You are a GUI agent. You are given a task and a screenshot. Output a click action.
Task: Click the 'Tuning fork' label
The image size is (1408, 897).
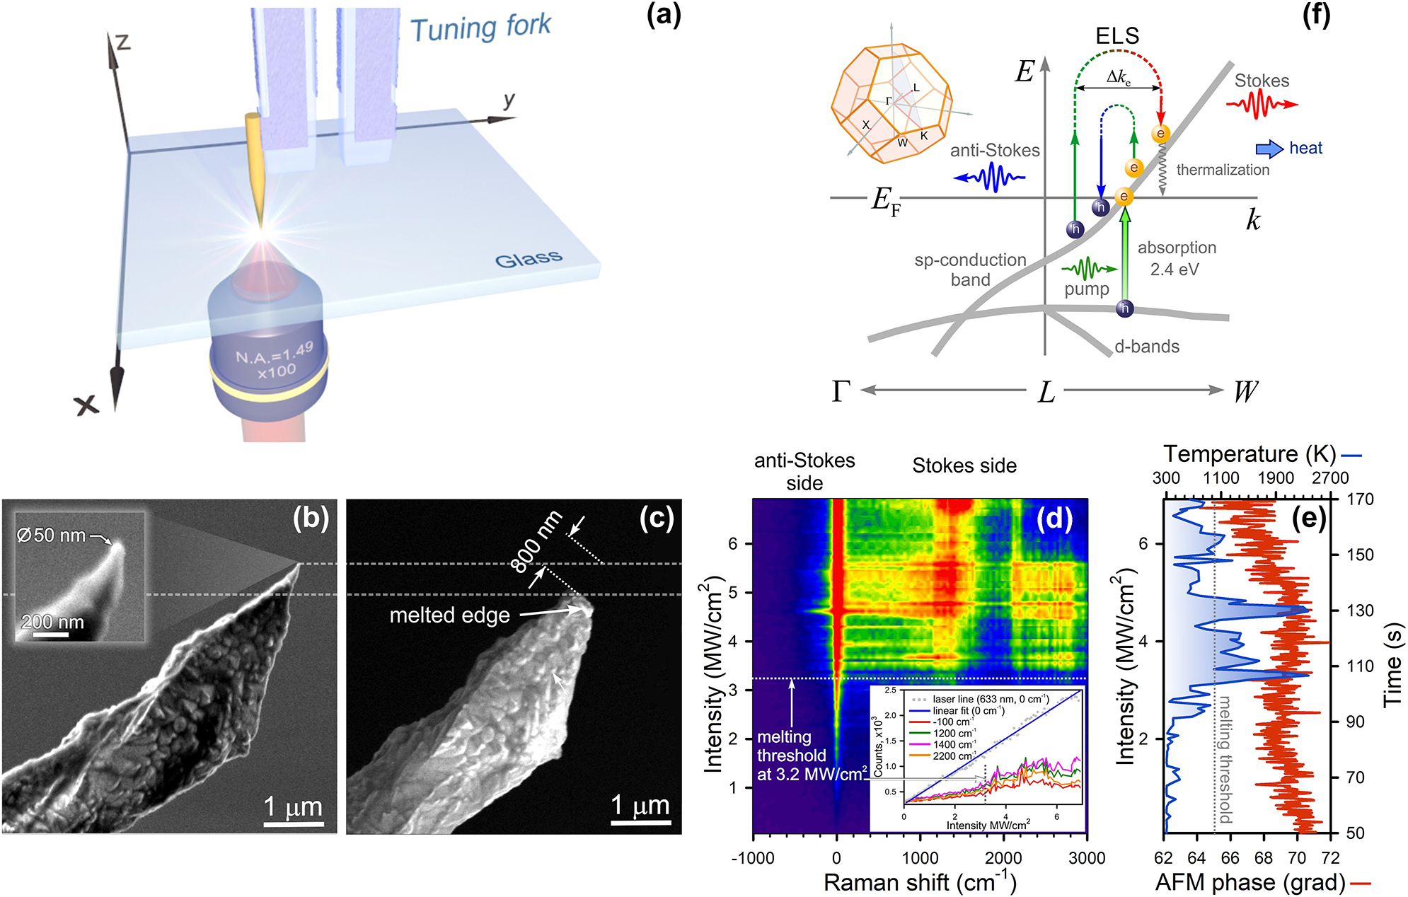tap(480, 28)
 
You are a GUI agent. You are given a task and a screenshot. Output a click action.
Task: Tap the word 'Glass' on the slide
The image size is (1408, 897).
tap(529, 259)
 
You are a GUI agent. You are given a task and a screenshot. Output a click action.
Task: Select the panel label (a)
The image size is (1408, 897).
tap(663, 16)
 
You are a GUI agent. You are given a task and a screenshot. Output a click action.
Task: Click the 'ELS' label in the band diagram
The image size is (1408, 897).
tap(1117, 35)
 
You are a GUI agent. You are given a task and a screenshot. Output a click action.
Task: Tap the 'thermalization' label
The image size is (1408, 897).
tap(1223, 170)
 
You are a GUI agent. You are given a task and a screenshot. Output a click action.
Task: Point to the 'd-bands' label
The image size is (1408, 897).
tap(1147, 347)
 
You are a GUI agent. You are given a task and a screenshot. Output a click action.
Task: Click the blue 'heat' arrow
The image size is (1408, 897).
tap(1269, 149)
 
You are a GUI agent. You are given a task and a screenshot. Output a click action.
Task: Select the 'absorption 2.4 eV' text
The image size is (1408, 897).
tap(1177, 258)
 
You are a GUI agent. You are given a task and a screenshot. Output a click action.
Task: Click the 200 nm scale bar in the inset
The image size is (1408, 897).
tap(51, 634)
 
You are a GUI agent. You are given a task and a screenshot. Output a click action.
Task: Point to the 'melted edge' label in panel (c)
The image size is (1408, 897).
tap(449, 615)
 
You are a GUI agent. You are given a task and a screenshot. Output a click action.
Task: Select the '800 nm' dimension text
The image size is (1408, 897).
tap(536, 541)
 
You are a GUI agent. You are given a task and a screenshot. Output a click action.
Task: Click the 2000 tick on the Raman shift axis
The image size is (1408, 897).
tap(1003, 858)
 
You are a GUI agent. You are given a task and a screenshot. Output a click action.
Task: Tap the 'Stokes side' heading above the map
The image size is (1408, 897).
tap(964, 465)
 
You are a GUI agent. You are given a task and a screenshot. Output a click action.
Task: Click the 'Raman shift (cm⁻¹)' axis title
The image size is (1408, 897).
tap(920, 882)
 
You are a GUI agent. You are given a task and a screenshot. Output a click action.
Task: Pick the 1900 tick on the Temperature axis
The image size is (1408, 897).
tap(1276, 478)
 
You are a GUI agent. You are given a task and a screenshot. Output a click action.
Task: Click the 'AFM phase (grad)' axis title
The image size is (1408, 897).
tap(1250, 882)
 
